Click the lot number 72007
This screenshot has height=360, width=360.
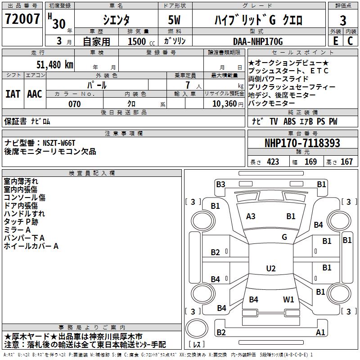[x=22, y=20]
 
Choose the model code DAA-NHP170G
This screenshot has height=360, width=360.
[x=258, y=41]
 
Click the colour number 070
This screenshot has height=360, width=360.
[x=75, y=104]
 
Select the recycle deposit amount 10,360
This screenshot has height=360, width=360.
[x=224, y=104]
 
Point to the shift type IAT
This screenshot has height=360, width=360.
[x=13, y=94]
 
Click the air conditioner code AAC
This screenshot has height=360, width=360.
[x=35, y=94]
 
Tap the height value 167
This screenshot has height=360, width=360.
[x=346, y=162]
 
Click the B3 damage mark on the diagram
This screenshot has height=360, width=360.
[x=220, y=184]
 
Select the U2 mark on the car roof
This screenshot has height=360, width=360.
[x=270, y=269]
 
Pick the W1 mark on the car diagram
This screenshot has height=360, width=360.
[x=288, y=299]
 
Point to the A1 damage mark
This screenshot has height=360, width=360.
[x=320, y=333]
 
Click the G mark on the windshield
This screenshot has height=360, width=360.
[x=284, y=237]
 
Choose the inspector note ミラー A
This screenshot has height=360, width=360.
[x=17, y=229]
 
